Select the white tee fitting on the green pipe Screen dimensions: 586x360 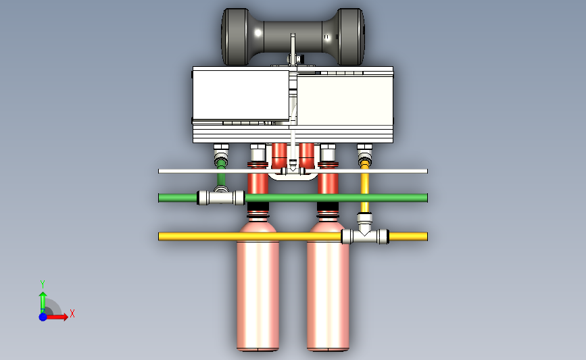[221, 197]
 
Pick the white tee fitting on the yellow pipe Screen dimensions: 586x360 [365, 232]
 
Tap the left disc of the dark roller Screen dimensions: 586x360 [235, 36]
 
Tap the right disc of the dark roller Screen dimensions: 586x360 [351, 36]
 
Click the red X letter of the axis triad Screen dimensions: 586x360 [72, 313]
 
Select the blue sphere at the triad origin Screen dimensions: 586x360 [43, 317]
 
